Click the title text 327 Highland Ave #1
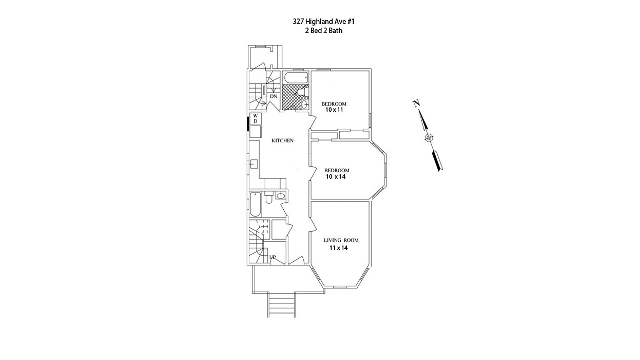pyautogui.click(x=323, y=22)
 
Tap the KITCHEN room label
pyautogui.click(x=282, y=141)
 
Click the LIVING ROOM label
pyautogui.click(x=341, y=240)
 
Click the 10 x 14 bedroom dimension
pyautogui.click(x=336, y=177)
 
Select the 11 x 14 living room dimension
pyautogui.click(x=338, y=248)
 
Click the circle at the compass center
pyautogui.click(x=429, y=138)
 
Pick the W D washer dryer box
pyautogui.click(x=255, y=119)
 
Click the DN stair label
pyautogui.click(x=273, y=96)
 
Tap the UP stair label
pyautogui.click(x=272, y=257)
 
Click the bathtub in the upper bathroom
pyautogui.click(x=295, y=78)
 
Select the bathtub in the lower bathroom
pyautogui.click(x=255, y=204)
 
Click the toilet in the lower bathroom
pyautogui.click(x=268, y=198)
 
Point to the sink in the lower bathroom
pyautogui.click(x=281, y=195)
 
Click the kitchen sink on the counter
pyautogui.click(x=254, y=164)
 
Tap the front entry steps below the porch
pyautogui.click(x=282, y=305)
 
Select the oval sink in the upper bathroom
pyautogui.click(x=304, y=104)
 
